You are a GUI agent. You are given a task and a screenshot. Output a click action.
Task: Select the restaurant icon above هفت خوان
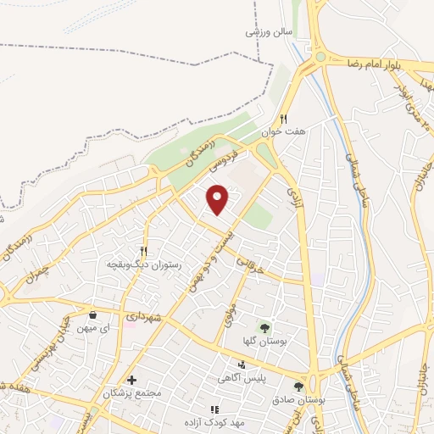pyautogui.click(x=284, y=120)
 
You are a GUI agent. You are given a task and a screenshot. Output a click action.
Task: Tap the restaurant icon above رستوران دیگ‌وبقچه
pyautogui.click(x=143, y=251)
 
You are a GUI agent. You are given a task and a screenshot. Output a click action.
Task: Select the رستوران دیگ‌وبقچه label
pyautogui.click(x=143, y=264)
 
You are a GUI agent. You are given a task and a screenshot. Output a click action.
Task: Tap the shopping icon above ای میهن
pyautogui.click(x=92, y=314)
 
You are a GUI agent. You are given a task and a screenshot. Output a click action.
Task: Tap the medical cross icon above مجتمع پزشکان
pyautogui.click(x=131, y=380)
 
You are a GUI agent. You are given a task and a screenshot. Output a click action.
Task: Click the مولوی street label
pyautogui.click(x=227, y=318)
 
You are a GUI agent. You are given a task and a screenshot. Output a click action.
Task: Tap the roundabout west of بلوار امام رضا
pyautogui.click(x=320, y=58)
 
